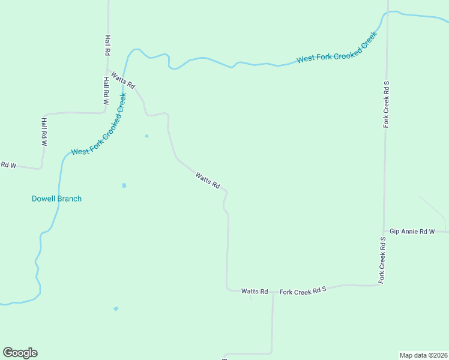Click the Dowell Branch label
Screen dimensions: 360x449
(x=56, y=199)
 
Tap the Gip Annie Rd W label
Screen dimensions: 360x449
(x=411, y=231)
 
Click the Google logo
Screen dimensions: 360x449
(x=20, y=353)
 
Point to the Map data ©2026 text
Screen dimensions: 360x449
(x=423, y=355)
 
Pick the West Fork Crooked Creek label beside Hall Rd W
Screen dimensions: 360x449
(x=99, y=124)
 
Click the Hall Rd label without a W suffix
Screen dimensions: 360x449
(x=107, y=44)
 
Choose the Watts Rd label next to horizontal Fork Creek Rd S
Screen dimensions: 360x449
(x=255, y=291)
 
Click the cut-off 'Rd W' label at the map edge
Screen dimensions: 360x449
(x=8, y=165)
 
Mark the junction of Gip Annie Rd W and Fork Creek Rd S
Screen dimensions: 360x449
(x=384, y=231)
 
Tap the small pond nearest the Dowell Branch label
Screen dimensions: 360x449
(x=124, y=185)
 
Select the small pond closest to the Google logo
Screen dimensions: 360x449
(x=116, y=309)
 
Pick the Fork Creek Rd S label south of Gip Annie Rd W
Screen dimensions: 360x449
(x=382, y=260)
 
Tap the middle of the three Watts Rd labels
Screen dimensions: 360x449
(x=207, y=180)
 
